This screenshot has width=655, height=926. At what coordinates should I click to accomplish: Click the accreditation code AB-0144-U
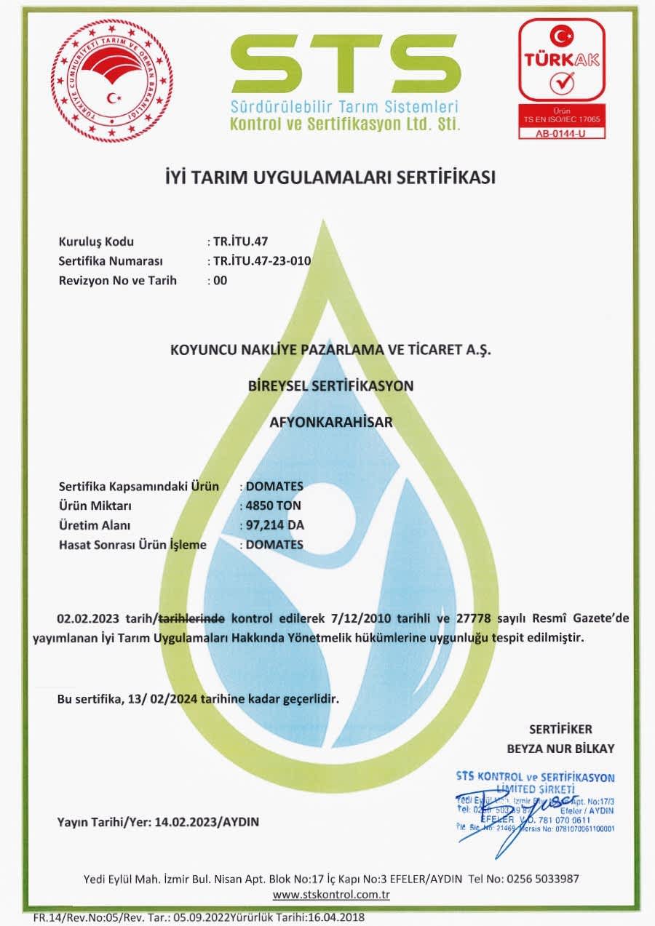point(560,132)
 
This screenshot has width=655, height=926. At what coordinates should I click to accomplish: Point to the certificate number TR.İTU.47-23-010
point(259,261)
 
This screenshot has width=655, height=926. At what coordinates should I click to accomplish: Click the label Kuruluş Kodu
point(96,242)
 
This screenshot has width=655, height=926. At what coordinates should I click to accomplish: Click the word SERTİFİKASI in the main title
point(439,177)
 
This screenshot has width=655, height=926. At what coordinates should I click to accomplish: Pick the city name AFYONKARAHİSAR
point(331,422)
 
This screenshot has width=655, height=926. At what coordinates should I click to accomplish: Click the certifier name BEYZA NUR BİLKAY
point(560,749)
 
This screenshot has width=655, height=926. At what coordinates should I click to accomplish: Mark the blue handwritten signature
point(509,811)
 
